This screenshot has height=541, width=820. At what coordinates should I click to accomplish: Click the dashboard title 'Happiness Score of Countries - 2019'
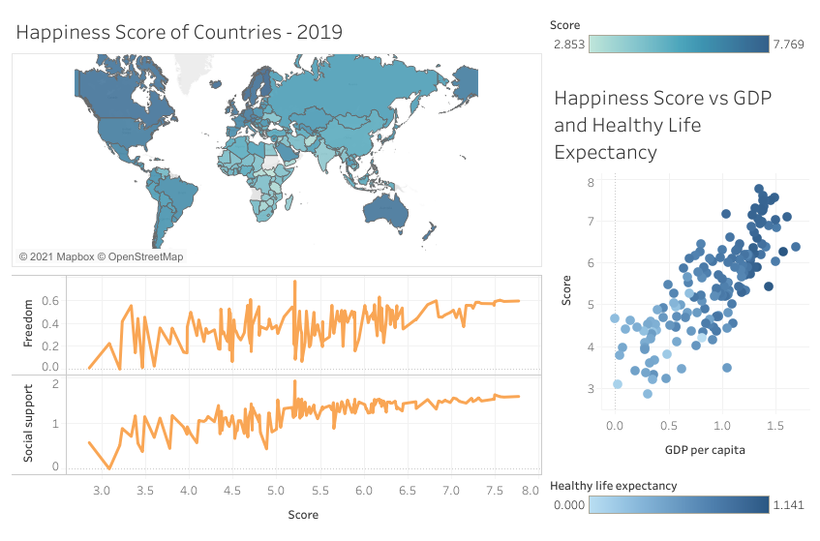179,32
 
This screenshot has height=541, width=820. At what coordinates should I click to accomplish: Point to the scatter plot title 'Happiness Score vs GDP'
668,98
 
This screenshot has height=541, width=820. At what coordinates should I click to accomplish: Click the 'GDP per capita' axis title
704,450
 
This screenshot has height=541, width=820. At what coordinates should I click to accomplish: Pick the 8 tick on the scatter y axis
590,182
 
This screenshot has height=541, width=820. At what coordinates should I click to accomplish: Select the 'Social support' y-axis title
29,422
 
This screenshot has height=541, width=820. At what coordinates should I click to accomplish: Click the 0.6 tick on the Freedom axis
50,300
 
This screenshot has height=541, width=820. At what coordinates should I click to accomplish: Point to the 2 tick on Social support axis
56,384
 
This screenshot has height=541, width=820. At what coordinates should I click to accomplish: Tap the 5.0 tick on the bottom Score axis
276,493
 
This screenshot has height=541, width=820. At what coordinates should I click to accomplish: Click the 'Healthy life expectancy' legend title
613,486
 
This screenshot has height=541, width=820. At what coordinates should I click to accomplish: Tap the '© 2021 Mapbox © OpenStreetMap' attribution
101,257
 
